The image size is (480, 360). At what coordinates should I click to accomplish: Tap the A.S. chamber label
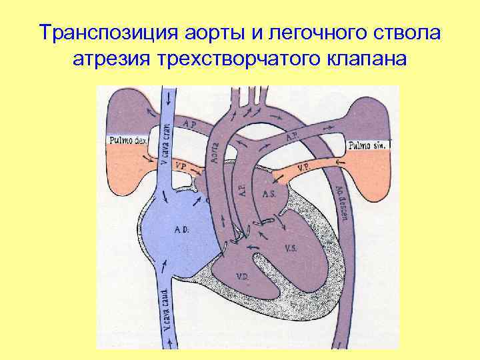tap(269, 195)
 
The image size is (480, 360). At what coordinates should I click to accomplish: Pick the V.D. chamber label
tap(243, 276)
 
